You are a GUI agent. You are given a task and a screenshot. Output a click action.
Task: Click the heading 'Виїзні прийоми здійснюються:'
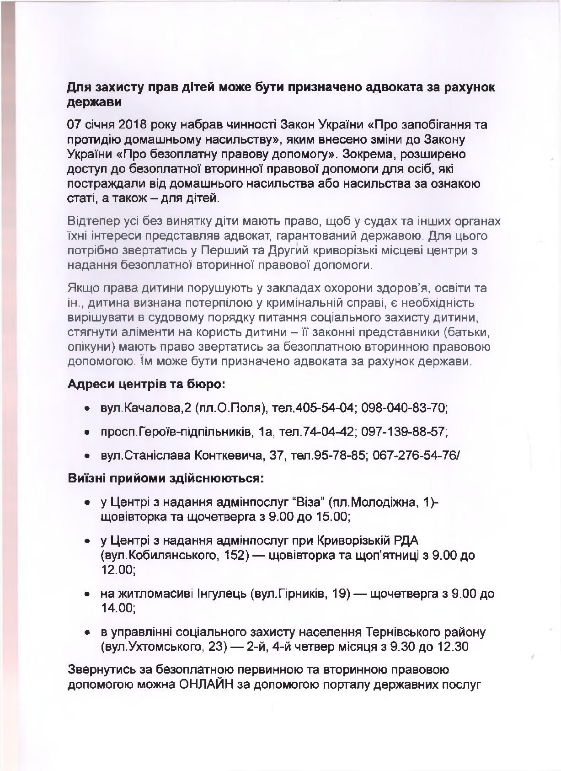click(166, 479)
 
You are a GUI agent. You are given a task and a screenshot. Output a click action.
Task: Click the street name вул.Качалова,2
click(145, 408)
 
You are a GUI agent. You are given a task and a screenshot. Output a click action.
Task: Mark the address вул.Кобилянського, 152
click(176, 556)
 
